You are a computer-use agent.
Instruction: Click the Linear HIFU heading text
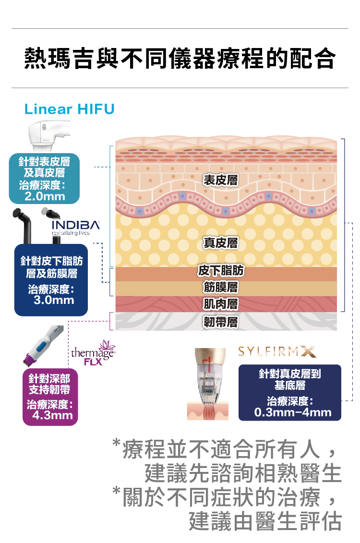coord(69,109)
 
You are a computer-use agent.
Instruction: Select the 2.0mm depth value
coord(45,196)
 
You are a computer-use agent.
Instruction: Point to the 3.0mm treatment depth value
coord(54,300)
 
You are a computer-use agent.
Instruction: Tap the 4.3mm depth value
coord(53,415)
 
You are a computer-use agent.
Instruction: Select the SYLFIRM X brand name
coord(277,352)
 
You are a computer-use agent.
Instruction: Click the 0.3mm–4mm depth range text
coord(293,412)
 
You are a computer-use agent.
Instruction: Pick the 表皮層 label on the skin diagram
coord(220,180)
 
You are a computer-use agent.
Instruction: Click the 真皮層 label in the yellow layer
coord(220,243)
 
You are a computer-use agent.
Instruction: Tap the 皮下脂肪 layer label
coord(221,270)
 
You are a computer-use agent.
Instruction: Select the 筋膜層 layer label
coord(220,287)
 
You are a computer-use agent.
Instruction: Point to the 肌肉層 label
coord(220,304)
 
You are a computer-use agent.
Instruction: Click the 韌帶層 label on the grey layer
coord(220,322)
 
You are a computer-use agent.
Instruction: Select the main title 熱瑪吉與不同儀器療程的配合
coord(180,58)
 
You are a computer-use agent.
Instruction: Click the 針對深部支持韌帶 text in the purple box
coord(49,384)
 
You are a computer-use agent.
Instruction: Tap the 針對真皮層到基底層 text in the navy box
coord(290,379)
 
